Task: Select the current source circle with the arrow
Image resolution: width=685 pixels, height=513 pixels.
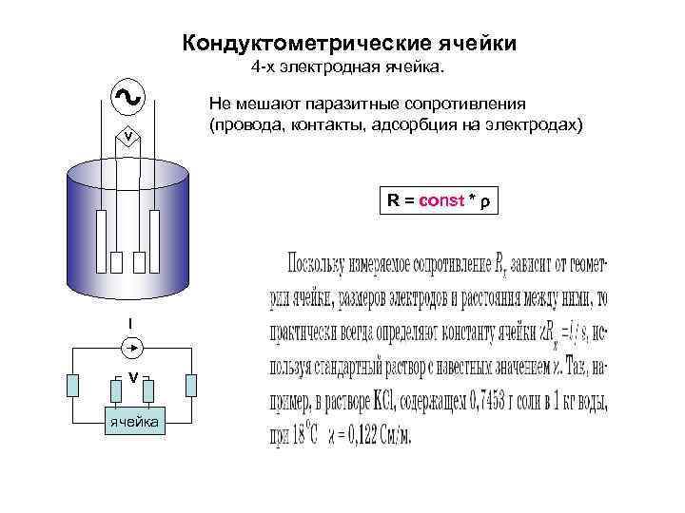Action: tap(133, 350)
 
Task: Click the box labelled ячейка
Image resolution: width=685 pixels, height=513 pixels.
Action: tap(133, 421)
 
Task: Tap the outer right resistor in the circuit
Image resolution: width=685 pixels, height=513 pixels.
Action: tap(191, 385)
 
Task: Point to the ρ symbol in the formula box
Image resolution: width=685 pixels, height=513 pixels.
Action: tap(485, 202)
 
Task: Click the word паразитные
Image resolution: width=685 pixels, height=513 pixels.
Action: tap(346, 103)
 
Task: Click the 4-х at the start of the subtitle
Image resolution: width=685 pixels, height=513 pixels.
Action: tap(264, 69)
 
